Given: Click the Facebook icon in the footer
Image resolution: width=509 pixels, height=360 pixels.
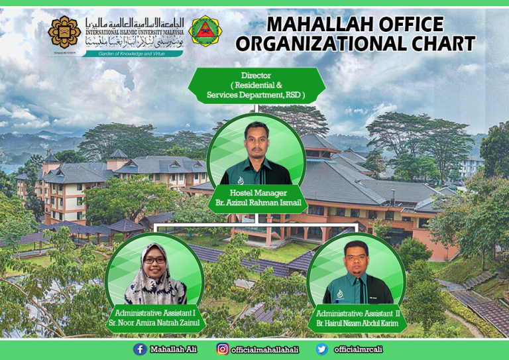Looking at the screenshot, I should pos(140,349).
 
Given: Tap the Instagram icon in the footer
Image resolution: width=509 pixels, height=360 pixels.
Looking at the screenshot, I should pos(223,349).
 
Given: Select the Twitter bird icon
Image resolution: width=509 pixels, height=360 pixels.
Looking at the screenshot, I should pos(322,349).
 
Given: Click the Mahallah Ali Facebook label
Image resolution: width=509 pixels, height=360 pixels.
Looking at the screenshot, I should pos(173,349).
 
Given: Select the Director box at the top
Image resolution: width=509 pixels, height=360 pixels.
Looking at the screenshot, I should pos(256,86).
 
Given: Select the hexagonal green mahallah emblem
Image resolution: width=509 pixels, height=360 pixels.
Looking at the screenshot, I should pos(205,30).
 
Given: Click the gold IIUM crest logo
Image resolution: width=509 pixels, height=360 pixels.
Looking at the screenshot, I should pos(64,30).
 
